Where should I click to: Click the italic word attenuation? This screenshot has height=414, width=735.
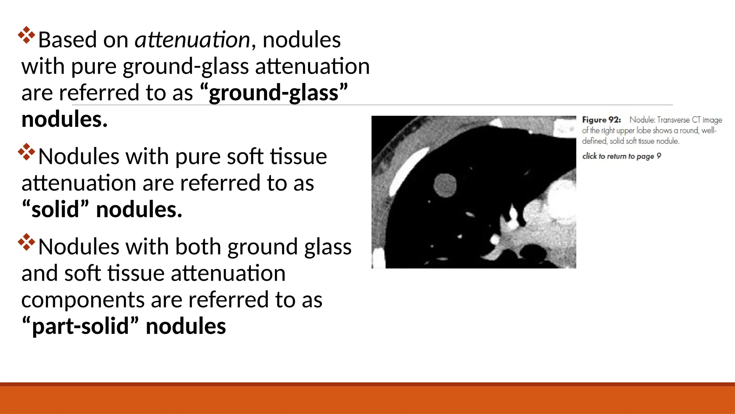(x=192, y=40)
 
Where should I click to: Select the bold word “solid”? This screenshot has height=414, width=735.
(x=55, y=210)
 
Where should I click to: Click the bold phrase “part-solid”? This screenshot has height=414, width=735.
(x=80, y=326)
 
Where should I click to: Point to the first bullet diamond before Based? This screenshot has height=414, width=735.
(x=27, y=35)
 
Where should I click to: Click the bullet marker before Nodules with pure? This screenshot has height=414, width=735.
(x=27, y=152)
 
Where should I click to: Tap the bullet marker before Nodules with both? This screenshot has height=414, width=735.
(x=27, y=242)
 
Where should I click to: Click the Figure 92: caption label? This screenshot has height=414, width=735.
(x=601, y=120)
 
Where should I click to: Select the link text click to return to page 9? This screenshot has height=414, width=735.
(x=621, y=156)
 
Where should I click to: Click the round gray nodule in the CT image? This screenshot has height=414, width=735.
(x=445, y=185)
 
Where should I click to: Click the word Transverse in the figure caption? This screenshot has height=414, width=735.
(x=673, y=120)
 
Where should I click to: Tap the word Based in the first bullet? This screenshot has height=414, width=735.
(x=67, y=40)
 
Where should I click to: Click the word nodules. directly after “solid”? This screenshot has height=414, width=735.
(x=139, y=210)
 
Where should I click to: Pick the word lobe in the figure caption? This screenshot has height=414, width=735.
(x=643, y=130)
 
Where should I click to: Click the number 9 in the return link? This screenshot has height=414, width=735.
(x=659, y=156)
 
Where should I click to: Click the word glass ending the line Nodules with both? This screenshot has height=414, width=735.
(x=328, y=247)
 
